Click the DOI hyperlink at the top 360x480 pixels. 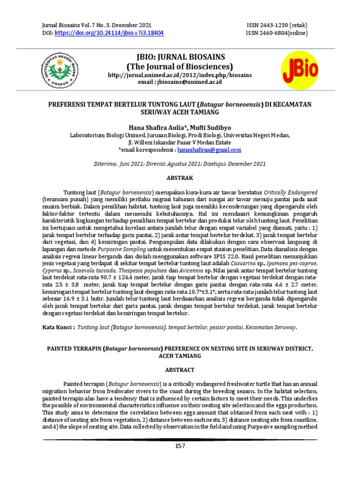tap(110, 33)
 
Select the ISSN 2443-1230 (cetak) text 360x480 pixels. tap(277, 25)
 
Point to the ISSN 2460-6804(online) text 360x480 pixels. tap(277, 33)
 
